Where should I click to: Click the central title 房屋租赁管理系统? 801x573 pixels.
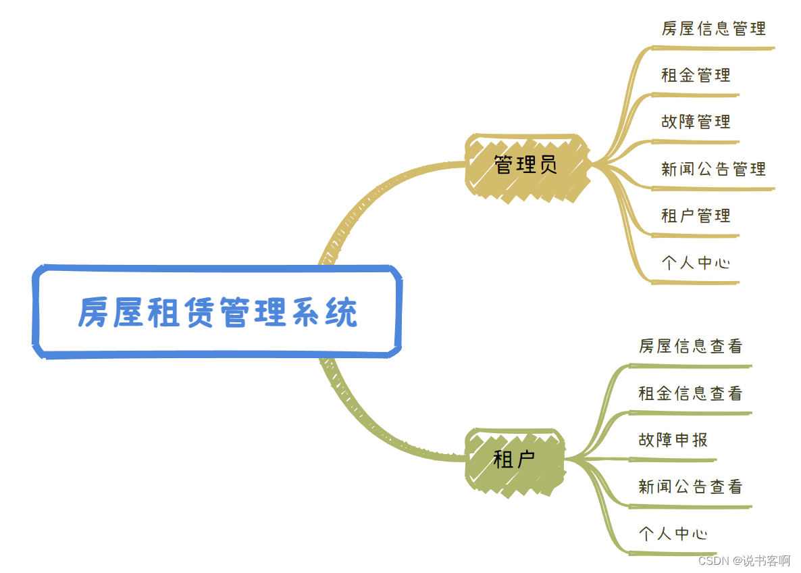(217, 312)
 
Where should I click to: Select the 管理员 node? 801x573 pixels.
(525, 165)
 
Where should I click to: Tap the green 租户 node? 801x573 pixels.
(515, 460)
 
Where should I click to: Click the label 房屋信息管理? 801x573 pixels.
(713, 28)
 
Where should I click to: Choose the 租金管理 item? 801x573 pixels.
(696, 75)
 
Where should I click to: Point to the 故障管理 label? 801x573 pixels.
(696, 122)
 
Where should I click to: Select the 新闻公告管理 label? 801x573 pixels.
(713, 169)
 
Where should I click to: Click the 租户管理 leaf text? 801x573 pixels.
(696, 216)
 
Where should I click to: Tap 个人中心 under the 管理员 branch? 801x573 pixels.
(696, 262)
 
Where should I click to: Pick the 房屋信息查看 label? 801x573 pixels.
(690, 346)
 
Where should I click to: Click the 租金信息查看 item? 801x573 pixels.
(690, 393)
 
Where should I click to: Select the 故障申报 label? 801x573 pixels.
(673, 440)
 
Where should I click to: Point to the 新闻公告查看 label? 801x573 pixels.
(690, 487)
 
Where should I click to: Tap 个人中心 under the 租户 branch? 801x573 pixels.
(673, 533)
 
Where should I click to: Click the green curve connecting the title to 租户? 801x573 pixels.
(368, 426)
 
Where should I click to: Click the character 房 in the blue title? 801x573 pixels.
(93, 312)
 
